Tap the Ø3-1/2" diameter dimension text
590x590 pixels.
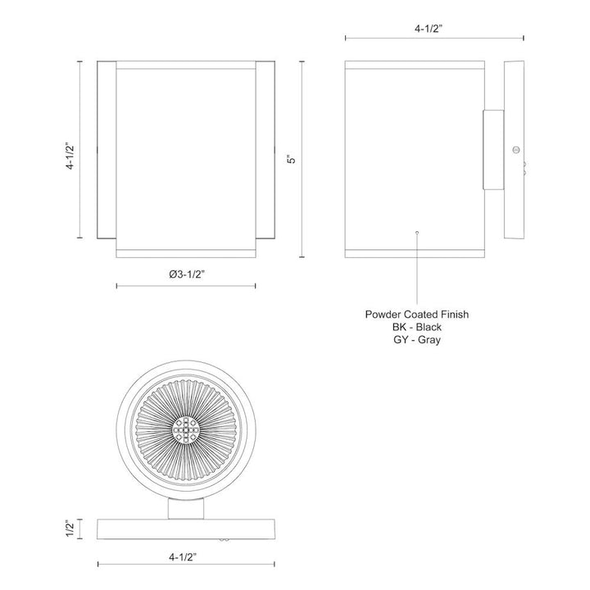(186, 275)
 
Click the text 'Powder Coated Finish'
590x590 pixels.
(417, 314)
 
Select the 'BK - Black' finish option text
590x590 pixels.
(417, 327)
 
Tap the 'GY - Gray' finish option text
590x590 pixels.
(417, 340)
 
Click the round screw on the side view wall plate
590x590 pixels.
(515, 149)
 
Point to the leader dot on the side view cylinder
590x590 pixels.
(417, 232)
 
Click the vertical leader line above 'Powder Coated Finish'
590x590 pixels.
(417, 270)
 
